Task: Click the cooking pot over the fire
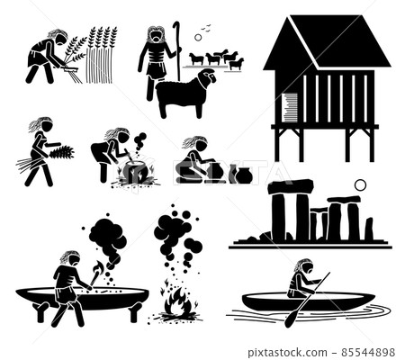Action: pyautogui.click(x=135, y=171)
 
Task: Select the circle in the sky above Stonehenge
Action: pyautogui.click(x=360, y=184)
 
